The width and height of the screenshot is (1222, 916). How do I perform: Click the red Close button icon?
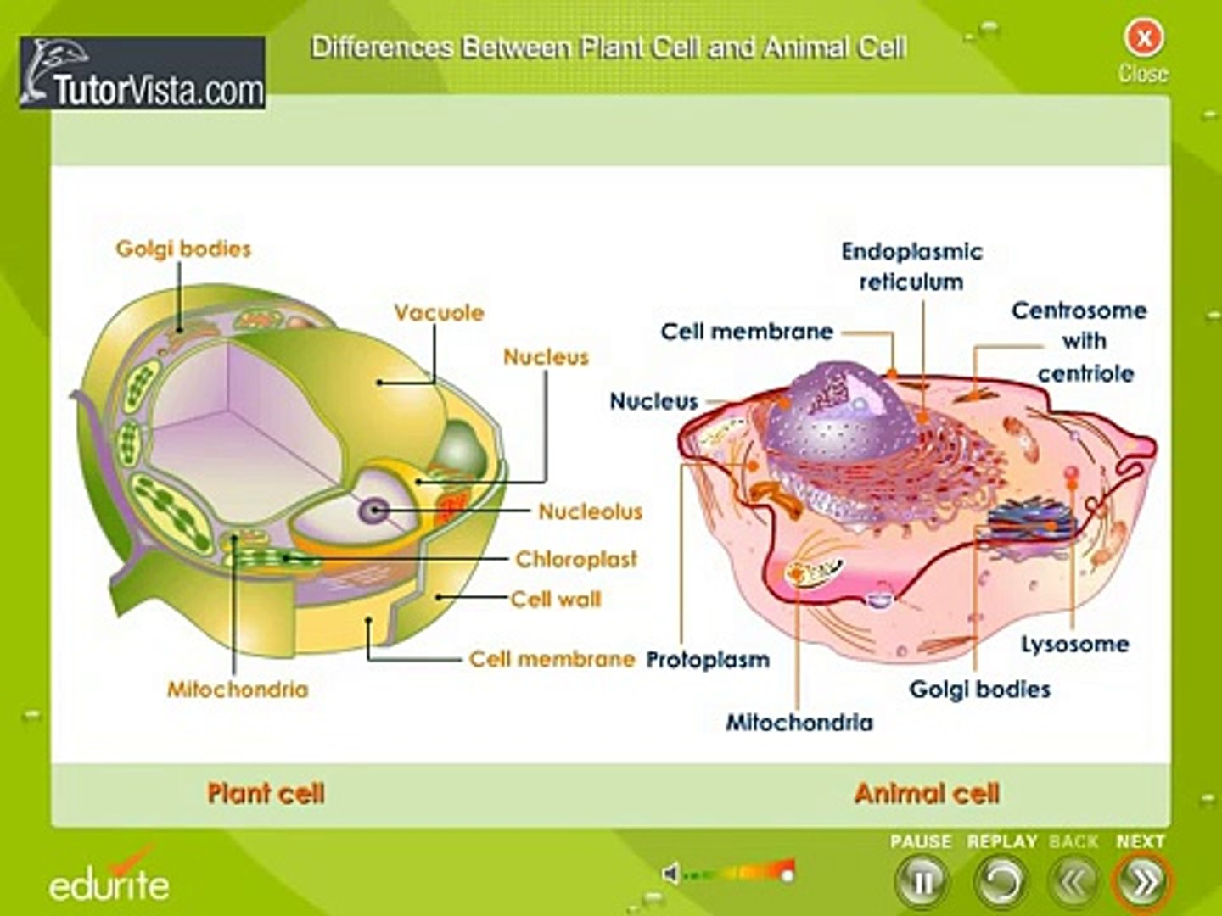tap(1143, 38)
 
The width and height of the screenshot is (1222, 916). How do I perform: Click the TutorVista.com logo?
tap(143, 73)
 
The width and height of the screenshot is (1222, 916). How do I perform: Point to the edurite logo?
tap(109, 882)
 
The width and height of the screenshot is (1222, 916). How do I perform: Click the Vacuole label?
tap(439, 313)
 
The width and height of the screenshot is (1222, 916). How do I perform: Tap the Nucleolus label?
tap(590, 511)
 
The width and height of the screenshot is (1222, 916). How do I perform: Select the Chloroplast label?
tap(576, 559)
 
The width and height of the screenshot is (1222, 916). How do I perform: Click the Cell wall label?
tap(556, 600)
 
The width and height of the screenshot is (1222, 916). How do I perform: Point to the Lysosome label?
tap(1074, 645)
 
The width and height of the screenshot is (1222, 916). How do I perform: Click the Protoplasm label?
tap(708, 660)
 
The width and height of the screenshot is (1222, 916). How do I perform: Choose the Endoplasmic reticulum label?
tap(911, 266)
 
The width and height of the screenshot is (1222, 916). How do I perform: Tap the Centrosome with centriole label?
tap(1080, 341)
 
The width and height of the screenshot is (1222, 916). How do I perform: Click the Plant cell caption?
tap(266, 794)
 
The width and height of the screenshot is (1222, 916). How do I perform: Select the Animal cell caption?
tap(927, 794)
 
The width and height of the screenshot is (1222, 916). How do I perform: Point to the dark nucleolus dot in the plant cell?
tap(374, 511)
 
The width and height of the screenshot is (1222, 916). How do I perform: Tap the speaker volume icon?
tap(670, 873)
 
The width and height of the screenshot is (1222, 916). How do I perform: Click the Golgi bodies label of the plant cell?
tap(183, 249)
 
